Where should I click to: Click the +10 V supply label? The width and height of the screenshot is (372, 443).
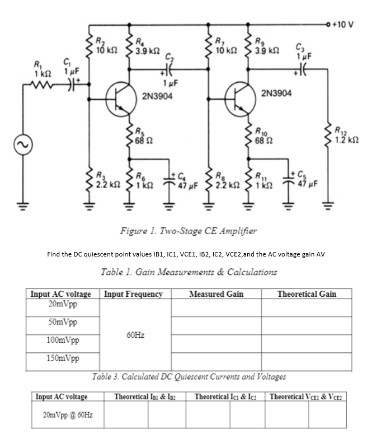point(342,24)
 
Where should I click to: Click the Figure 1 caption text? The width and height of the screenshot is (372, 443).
point(186,230)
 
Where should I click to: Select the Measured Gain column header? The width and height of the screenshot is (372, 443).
point(216,293)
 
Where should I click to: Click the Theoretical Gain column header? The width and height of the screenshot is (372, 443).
point(307,293)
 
